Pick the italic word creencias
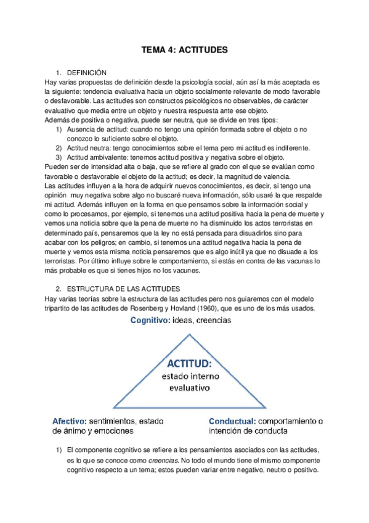(158, 459)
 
